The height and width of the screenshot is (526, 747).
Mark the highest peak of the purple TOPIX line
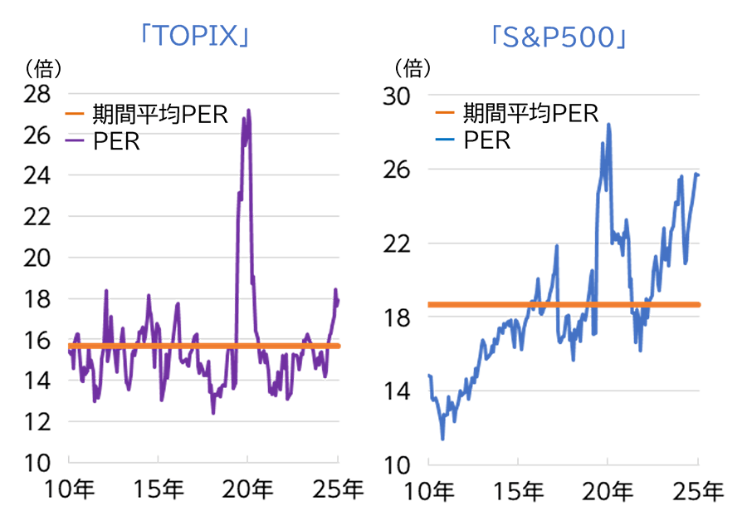pyautogui.click(x=248, y=110)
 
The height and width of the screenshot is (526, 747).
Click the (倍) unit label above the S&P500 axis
pyautogui.click(x=412, y=66)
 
